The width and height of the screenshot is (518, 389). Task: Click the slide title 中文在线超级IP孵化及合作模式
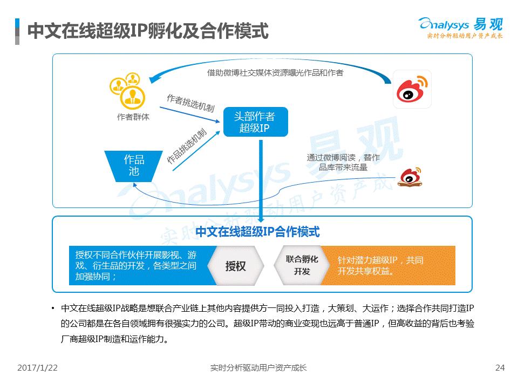click(x=148, y=31)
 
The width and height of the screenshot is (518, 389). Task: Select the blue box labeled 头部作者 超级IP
click(x=256, y=122)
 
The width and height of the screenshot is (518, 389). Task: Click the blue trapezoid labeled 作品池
click(x=133, y=166)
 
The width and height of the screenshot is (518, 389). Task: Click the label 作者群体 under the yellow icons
click(x=133, y=117)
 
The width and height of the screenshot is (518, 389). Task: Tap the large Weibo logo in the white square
click(x=412, y=89)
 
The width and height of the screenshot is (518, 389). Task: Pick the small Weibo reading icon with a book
click(x=410, y=177)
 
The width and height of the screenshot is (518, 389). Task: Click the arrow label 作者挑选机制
click(x=190, y=103)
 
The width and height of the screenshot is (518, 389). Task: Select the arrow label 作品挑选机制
click(x=187, y=146)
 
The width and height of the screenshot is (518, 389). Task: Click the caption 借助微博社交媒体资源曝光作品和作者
click(x=275, y=72)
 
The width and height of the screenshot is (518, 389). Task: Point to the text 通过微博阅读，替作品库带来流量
click(x=343, y=162)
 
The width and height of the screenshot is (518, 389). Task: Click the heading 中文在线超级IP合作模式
click(x=258, y=232)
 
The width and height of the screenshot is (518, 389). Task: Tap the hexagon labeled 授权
click(x=236, y=266)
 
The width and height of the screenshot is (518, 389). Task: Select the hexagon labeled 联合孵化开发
click(x=302, y=265)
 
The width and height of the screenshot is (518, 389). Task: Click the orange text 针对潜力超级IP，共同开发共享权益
click(x=380, y=266)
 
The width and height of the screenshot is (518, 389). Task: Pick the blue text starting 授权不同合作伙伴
click(x=136, y=265)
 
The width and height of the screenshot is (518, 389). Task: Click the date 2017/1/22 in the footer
click(x=37, y=367)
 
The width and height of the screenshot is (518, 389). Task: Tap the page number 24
click(x=500, y=367)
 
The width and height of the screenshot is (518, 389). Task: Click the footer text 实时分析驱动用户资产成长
click(x=258, y=367)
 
